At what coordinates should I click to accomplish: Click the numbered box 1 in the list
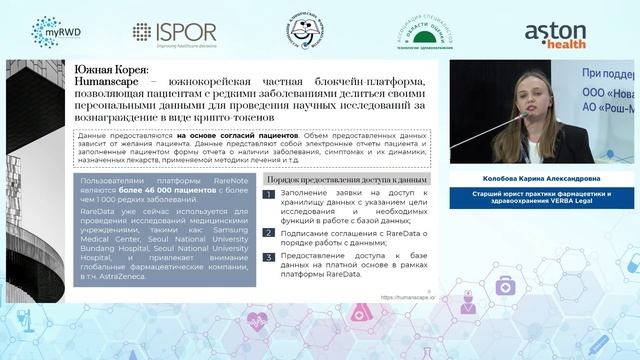tap(268, 195)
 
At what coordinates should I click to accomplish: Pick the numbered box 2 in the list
tap(268, 232)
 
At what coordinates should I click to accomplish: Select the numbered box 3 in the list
tap(268, 257)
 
